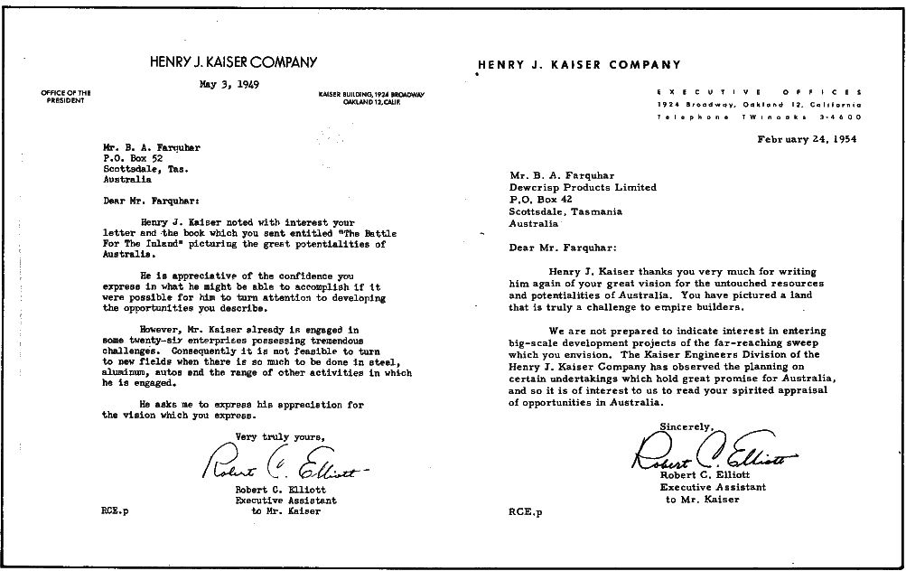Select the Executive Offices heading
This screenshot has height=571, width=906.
[759, 92]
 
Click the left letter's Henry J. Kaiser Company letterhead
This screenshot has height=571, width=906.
[234, 62]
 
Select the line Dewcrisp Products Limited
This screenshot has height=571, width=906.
[583, 188]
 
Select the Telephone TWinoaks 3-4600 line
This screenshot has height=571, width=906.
[759, 117]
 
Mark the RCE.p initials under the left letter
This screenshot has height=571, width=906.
[115, 511]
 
